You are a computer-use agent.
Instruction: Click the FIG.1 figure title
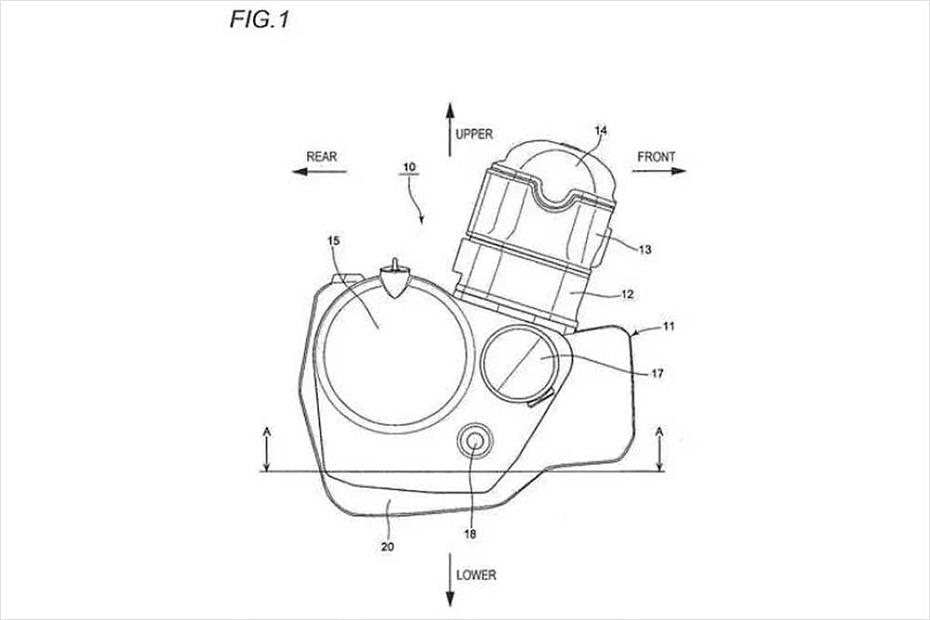pos(259,20)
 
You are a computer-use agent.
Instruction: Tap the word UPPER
pos(474,134)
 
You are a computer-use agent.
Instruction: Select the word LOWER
pos(476,574)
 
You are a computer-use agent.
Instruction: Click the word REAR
pos(322,157)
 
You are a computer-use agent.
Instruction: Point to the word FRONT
pos(656,157)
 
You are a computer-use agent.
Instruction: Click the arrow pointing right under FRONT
pos(661,171)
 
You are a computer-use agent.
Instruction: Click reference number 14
pos(601,131)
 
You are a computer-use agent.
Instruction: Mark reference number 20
pos(386,547)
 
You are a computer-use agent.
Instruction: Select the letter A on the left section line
pos(266,431)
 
